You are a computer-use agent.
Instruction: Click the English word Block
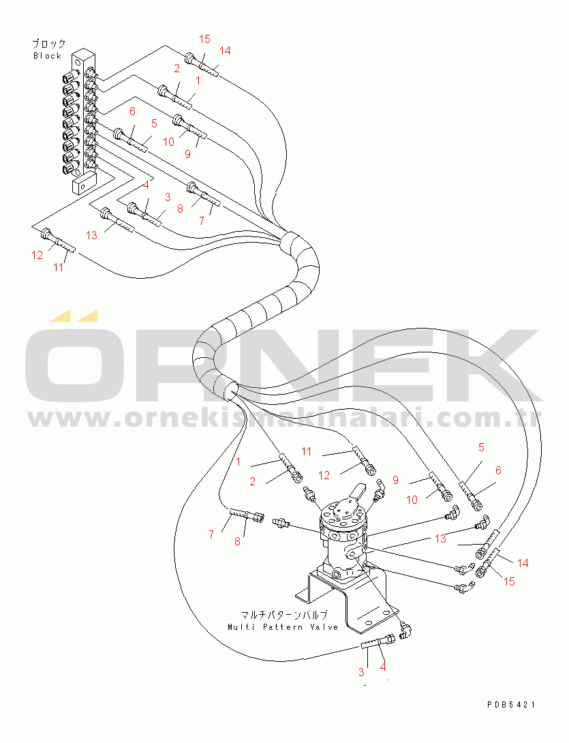click(48, 56)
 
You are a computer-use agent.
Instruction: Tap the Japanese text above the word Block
click(49, 44)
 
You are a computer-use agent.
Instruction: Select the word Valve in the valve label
click(324, 627)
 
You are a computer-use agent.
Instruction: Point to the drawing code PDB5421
click(510, 705)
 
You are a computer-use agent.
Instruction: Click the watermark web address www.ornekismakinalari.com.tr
click(284, 418)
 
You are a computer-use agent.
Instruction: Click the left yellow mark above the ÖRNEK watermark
click(60, 316)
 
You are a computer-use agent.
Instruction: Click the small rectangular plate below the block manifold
click(84, 183)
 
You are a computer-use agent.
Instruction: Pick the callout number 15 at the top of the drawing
click(204, 39)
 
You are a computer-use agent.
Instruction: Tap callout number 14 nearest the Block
click(225, 50)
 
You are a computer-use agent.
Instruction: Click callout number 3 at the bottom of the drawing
click(361, 672)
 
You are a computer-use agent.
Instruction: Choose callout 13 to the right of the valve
click(441, 539)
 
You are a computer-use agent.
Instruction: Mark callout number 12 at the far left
click(37, 255)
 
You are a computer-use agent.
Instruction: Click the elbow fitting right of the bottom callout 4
click(406, 628)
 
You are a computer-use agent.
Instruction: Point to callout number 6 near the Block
click(132, 111)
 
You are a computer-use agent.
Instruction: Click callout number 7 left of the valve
click(211, 534)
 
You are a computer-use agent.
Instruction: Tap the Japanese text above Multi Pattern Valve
click(284, 615)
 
